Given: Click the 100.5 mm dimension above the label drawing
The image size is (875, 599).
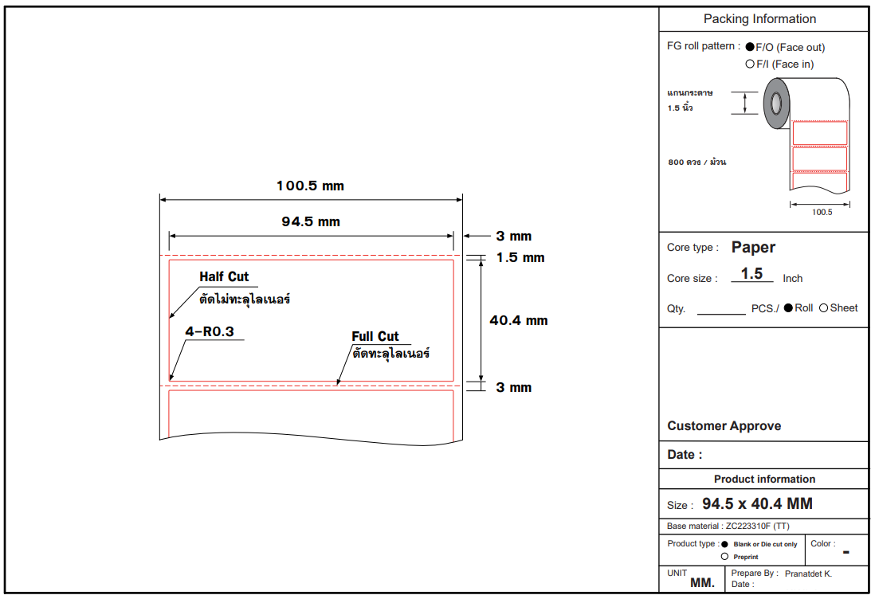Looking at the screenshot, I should [x=310, y=186].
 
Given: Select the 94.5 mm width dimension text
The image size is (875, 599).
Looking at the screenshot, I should [x=311, y=221].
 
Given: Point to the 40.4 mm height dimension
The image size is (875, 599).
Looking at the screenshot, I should [x=519, y=320].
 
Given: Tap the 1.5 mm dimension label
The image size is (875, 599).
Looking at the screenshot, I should [x=520, y=257].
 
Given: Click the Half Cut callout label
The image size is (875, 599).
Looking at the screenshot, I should [x=224, y=276].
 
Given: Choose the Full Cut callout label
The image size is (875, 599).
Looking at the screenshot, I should [x=375, y=336].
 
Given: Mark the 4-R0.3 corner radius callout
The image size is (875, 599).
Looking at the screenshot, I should [x=210, y=331].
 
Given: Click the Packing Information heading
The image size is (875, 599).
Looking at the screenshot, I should [x=759, y=19].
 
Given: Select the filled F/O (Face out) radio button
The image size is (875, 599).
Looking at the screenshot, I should [x=750, y=47].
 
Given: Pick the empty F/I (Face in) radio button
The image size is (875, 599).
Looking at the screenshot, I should [x=750, y=64].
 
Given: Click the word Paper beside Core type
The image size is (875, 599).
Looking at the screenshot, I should [x=753, y=247].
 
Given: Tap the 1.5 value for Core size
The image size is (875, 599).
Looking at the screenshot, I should [x=751, y=273].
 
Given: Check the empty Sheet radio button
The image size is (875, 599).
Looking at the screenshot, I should [x=824, y=307].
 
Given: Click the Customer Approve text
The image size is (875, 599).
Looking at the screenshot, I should [x=724, y=426].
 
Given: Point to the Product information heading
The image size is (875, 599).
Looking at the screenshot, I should [x=764, y=479].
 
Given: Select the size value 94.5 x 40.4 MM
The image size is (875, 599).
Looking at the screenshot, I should [x=757, y=504].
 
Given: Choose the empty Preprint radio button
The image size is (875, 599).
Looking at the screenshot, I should [x=724, y=556].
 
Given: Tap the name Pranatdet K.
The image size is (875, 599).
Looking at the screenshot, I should [x=808, y=574].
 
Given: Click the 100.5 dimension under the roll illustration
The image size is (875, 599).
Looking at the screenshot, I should [x=822, y=212].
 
